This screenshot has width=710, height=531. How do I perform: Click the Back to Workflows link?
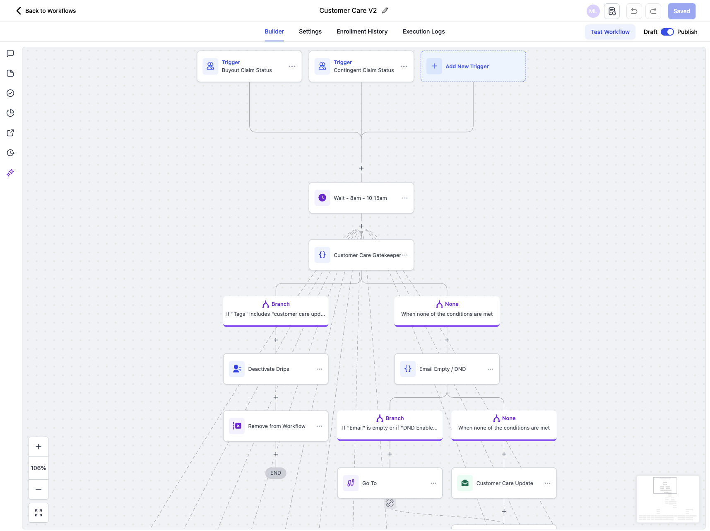46,11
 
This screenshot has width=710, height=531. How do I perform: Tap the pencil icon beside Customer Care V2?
385,11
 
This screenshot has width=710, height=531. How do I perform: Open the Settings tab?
310,31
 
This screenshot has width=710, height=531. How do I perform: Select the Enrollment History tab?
362,31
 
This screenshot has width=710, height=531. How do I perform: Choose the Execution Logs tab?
424,31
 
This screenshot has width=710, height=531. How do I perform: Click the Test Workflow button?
610,32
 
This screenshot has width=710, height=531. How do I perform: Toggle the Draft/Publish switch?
667,32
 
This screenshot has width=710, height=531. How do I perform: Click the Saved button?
681,11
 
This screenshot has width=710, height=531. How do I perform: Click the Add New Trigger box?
473,66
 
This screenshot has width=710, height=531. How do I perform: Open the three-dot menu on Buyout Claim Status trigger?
292,66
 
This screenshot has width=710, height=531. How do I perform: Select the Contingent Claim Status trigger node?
361,66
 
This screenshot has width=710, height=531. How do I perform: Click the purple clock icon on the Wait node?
322,198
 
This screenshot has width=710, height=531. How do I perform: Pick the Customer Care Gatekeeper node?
361,255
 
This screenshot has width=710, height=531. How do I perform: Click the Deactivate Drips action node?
275,369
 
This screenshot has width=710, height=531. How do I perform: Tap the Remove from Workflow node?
275,426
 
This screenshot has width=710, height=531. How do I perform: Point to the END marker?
276,473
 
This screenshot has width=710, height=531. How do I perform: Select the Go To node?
390,483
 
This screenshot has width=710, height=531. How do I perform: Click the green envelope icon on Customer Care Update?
465,483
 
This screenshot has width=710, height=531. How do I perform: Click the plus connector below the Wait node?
361,226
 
